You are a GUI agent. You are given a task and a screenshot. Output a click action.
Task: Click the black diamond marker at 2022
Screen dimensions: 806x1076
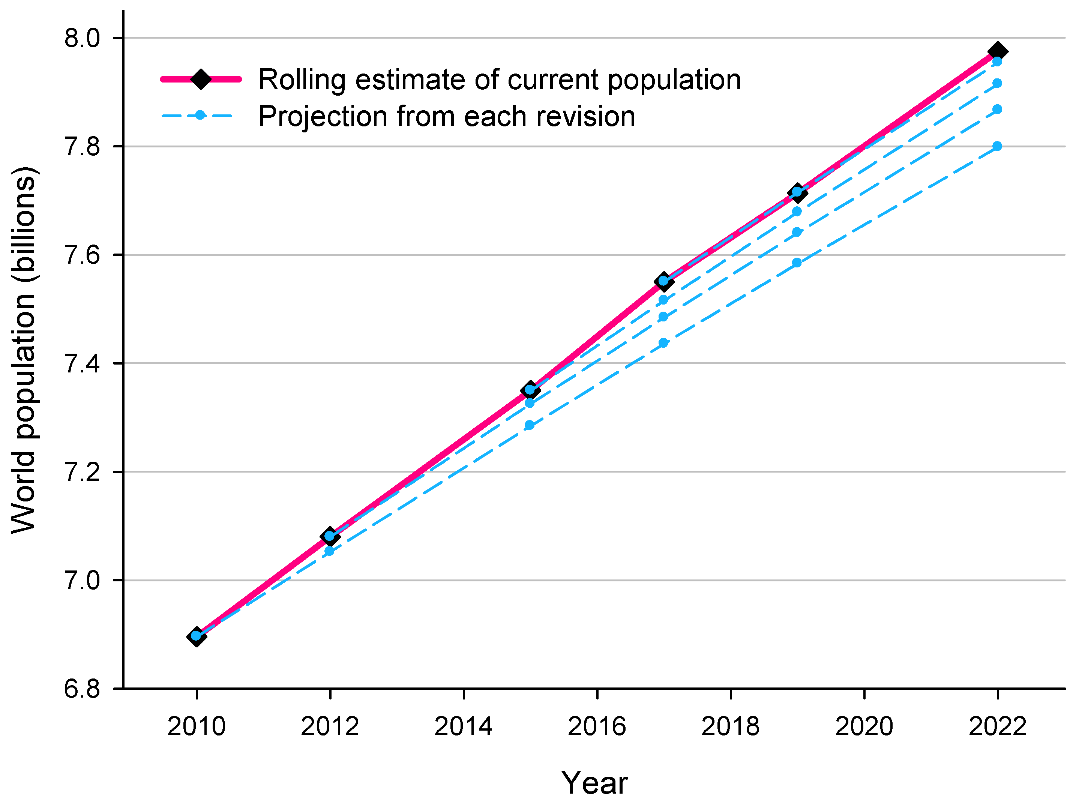tap(997, 51)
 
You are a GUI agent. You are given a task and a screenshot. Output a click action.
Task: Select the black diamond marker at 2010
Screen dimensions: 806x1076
tap(196, 636)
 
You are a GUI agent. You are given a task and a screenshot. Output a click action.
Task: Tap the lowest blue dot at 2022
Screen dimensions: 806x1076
tap(997, 146)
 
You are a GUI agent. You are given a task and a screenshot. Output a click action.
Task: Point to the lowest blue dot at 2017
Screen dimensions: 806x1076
tap(663, 343)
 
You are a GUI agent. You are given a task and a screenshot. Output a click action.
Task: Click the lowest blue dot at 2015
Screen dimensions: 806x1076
tap(530, 425)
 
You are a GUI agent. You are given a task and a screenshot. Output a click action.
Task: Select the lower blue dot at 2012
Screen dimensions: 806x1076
tap(329, 551)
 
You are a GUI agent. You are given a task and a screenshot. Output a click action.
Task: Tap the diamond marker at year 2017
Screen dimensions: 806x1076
tap(663, 281)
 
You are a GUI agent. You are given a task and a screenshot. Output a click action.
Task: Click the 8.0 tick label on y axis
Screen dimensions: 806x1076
tap(82, 38)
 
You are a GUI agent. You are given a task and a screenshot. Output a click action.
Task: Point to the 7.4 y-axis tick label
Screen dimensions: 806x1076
tap(82, 364)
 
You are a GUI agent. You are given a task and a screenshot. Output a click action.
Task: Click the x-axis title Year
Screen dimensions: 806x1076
tap(594, 783)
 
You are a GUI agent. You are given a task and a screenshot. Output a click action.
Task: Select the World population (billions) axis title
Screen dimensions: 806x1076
tap(23, 350)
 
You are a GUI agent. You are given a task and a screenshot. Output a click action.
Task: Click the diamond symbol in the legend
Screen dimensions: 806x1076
tap(200, 79)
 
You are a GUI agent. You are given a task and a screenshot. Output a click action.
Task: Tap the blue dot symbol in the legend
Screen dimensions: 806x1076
tap(200, 115)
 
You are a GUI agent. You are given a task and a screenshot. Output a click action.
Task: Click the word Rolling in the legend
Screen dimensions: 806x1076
tap(302, 80)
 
